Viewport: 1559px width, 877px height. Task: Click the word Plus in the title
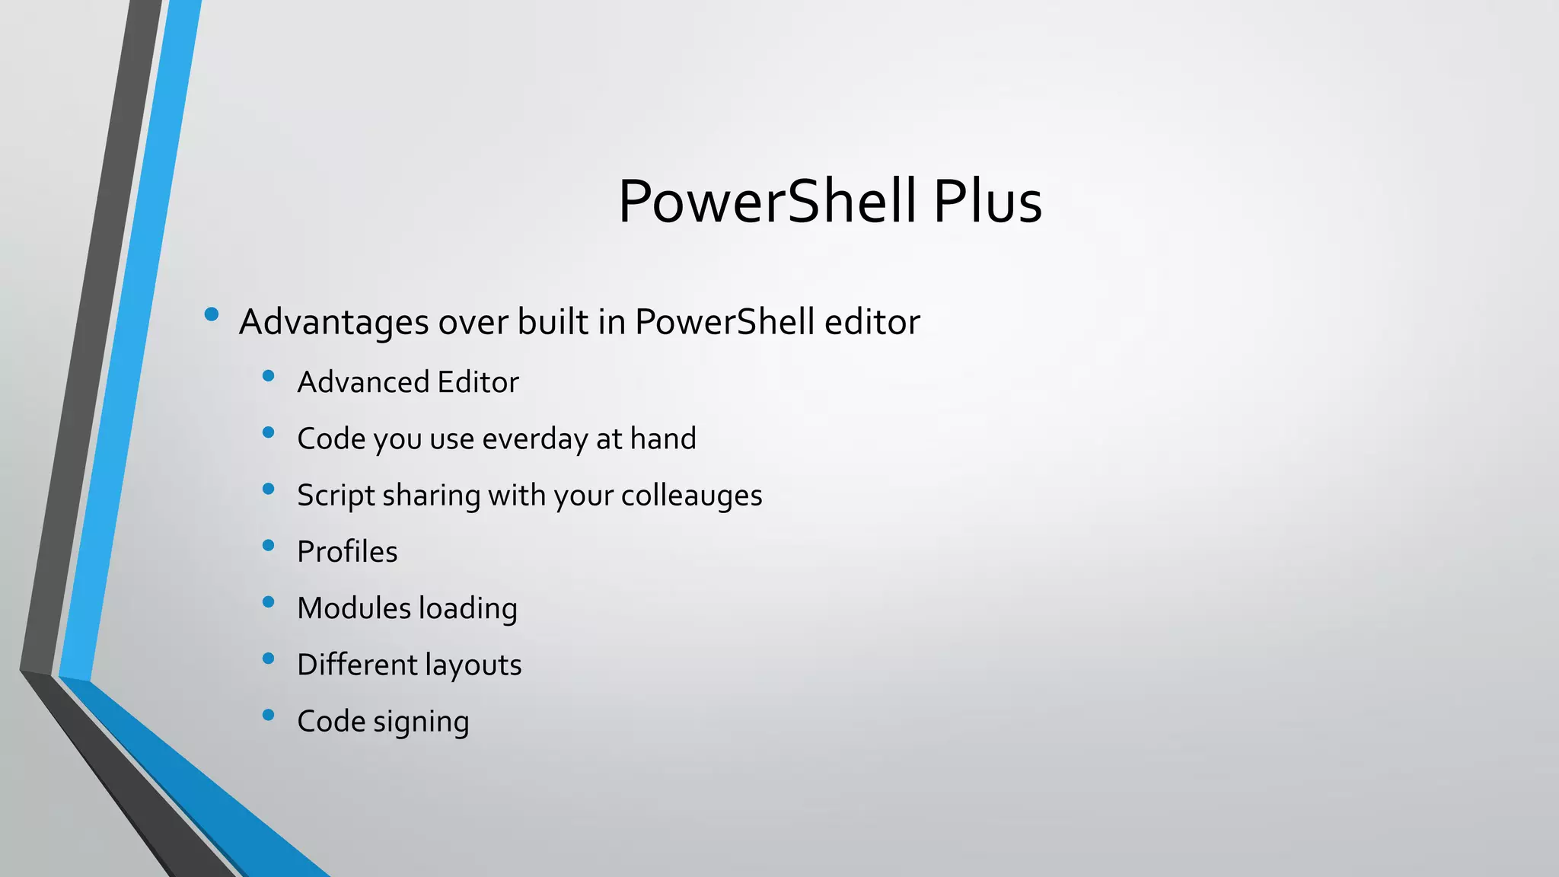point(987,202)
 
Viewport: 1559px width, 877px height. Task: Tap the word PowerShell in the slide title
point(767,202)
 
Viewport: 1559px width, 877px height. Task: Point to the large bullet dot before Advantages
point(212,314)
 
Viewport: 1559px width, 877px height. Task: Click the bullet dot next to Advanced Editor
point(268,375)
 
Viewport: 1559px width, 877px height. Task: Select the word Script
point(336,496)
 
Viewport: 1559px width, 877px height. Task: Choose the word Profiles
point(347,552)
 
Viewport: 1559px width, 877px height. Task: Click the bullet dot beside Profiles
point(268,545)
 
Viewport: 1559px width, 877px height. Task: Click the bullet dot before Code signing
point(268,715)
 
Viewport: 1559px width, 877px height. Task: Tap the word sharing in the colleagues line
point(431,496)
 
